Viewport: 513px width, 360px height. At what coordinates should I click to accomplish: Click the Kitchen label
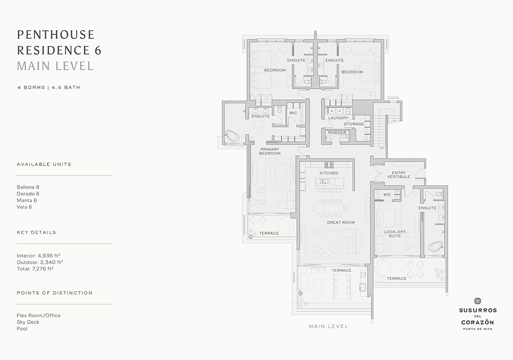[x=329, y=173]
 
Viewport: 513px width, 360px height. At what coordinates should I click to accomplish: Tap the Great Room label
[x=341, y=223]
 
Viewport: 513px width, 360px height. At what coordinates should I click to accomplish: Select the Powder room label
[x=337, y=133]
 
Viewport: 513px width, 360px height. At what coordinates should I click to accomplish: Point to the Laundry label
[x=338, y=118]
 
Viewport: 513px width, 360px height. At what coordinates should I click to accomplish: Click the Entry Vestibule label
[x=399, y=175]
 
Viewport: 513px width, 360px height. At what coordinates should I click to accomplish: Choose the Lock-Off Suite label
[x=395, y=234]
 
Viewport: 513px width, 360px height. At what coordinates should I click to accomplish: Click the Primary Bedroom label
[x=270, y=151]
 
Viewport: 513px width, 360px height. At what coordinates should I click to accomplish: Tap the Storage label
[x=354, y=124]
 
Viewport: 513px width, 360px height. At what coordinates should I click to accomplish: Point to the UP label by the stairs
[x=382, y=148]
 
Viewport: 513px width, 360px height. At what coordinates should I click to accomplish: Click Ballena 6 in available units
[x=28, y=187]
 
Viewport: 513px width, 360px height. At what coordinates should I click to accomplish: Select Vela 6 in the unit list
[x=24, y=207]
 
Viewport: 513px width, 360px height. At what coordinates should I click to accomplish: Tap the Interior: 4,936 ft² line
[x=39, y=256]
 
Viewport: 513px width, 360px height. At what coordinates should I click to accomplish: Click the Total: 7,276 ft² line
[x=35, y=269]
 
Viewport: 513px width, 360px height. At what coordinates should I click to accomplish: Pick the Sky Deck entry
[x=28, y=322]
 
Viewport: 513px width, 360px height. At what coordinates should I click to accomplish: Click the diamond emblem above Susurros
[x=477, y=301]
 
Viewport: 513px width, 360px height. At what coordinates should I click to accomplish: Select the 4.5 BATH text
[x=66, y=88]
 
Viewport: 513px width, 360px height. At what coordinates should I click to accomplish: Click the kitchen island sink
[x=324, y=181]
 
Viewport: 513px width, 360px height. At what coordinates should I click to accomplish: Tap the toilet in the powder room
[x=328, y=138]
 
